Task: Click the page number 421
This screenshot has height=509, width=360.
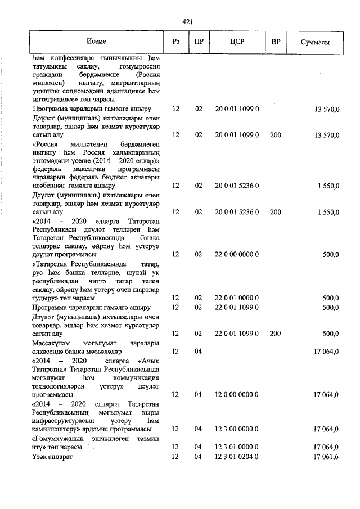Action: (188, 22)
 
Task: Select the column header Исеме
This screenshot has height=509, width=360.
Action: (96, 42)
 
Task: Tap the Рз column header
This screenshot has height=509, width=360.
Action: (176, 42)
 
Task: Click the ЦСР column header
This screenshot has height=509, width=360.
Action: (236, 42)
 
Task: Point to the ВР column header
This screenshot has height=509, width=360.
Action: (276, 42)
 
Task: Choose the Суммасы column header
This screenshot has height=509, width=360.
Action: (315, 42)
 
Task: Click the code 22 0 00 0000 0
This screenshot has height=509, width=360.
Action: (236, 254)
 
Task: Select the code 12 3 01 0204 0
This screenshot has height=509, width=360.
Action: (236, 457)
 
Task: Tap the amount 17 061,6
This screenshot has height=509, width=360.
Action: (326, 457)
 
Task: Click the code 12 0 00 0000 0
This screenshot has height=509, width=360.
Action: (236, 395)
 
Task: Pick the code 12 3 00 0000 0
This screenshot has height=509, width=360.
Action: (236, 429)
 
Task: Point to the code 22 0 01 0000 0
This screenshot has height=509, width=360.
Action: (236, 298)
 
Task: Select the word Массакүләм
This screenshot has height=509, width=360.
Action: (55, 343)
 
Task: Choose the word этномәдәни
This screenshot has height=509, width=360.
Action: (56, 161)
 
